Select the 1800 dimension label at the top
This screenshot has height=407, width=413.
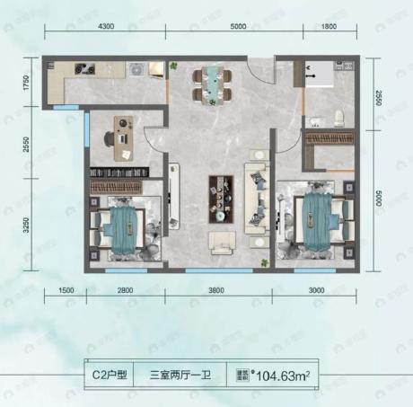pyautogui.click(x=325, y=28)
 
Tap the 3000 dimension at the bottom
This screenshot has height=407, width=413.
pyautogui.click(x=318, y=289)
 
